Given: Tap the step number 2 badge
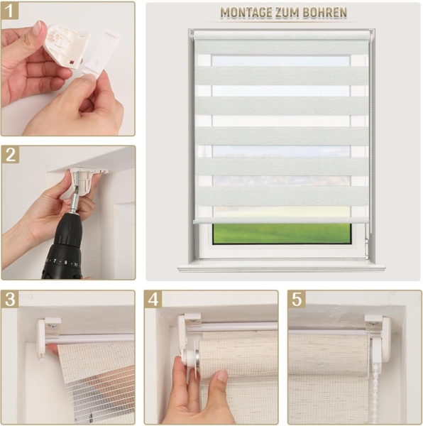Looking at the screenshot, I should [11, 155].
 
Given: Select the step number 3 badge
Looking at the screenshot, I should [11, 299].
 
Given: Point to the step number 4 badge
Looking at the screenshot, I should [154, 299].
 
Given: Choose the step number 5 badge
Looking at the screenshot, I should [297, 299].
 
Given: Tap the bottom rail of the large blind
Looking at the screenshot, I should [281, 221].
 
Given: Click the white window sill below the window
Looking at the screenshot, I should [281, 267].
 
